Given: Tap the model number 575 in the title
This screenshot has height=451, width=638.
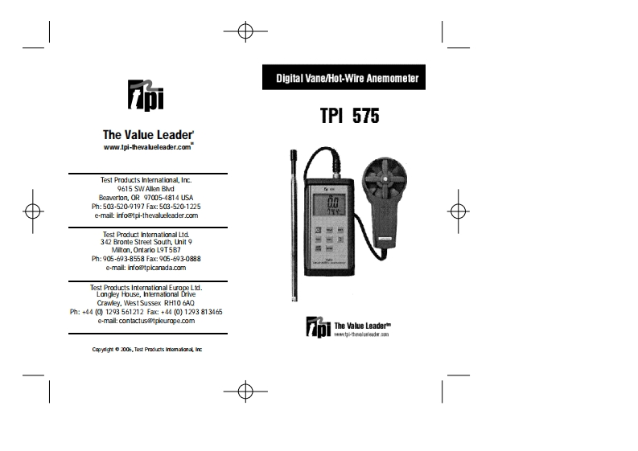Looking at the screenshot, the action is [360, 116].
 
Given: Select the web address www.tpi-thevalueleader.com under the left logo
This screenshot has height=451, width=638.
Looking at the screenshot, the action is [147, 148].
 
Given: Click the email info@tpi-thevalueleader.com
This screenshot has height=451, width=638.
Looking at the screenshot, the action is [146, 215].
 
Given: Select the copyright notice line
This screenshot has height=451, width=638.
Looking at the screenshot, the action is [146, 350].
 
